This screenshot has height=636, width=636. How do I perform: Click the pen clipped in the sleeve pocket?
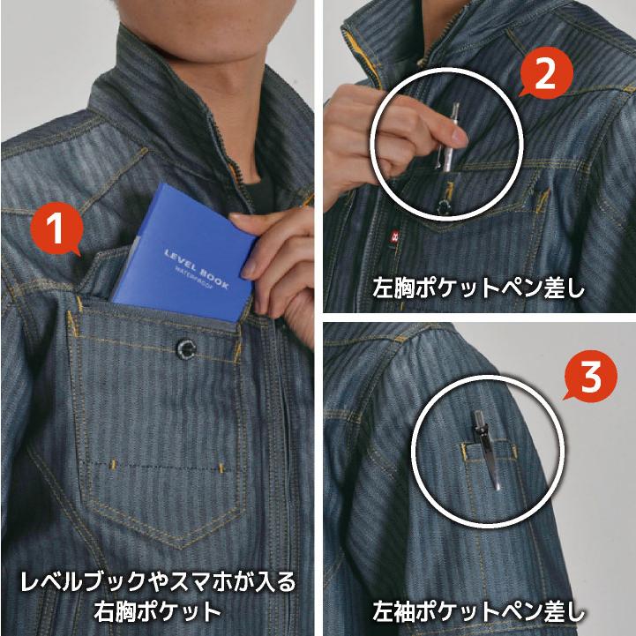pyautogui.click(x=488, y=454)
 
